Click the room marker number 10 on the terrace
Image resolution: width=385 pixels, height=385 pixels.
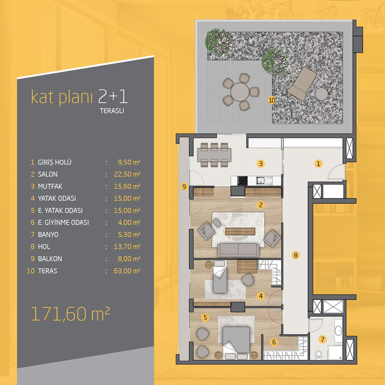point(272,100)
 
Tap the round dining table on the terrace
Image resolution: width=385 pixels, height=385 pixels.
point(239,92)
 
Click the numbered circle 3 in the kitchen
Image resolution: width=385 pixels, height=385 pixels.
point(261,164)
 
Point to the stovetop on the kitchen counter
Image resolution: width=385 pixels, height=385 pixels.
point(243,180)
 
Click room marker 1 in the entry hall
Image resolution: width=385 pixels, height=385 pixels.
point(318,164)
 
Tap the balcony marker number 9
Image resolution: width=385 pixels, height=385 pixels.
point(184,186)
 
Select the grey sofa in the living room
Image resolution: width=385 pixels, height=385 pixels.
point(238,250)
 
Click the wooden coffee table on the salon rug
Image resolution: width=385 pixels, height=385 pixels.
point(240,231)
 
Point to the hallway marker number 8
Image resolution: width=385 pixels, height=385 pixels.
point(296,255)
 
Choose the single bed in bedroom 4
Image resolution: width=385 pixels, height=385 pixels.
point(220,277)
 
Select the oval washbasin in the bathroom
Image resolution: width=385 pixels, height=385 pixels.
point(338,330)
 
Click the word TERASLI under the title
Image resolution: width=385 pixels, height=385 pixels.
point(112,111)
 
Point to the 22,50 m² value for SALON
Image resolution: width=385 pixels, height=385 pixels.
point(127,174)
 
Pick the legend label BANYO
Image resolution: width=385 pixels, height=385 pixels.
point(48,235)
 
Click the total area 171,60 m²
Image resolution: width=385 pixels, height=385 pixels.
point(70,314)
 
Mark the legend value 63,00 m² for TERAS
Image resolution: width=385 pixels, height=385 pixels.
point(127,271)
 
